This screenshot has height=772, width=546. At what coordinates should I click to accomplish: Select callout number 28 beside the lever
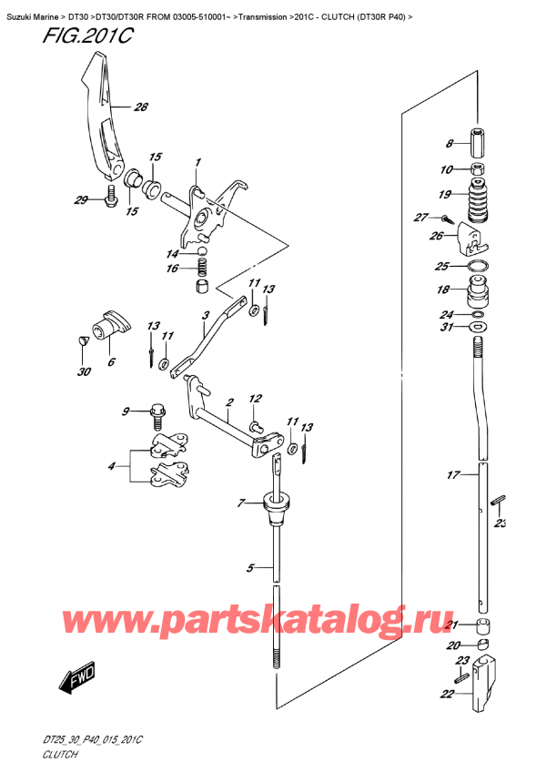tap(139, 107)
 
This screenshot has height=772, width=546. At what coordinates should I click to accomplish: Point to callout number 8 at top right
tap(448, 143)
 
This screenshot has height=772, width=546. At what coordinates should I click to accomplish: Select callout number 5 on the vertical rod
tap(249, 571)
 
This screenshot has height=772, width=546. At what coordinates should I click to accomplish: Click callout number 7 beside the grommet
tap(241, 503)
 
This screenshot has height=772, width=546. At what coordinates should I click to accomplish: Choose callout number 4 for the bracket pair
tap(112, 467)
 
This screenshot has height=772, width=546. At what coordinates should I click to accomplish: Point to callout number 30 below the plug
tap(84, 371)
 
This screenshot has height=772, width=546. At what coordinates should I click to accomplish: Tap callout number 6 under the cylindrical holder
tap(111, 361)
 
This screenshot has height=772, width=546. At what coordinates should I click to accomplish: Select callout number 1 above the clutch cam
tap(196, 162)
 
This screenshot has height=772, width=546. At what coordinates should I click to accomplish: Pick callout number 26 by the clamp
tap(436, 235)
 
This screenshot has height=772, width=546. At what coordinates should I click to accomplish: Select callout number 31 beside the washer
tap(445, 328)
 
